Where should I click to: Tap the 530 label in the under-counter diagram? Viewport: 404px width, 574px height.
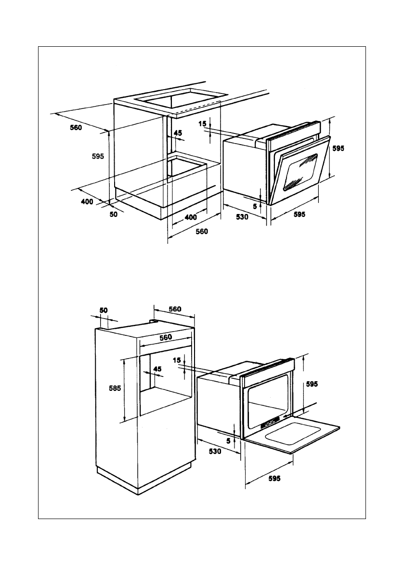pos(242,217)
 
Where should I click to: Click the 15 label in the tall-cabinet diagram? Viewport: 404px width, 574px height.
pos(177,360)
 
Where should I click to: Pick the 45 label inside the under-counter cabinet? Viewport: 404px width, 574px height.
pos(178,133)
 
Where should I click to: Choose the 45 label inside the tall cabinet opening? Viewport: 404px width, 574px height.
pos(156,369)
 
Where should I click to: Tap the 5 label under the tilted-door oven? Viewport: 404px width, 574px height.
pos(255,206)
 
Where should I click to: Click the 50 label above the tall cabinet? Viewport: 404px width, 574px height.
pos(104,310)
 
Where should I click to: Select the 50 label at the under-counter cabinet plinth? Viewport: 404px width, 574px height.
pos(114,214)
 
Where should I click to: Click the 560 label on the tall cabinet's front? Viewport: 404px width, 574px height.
pos(165,338)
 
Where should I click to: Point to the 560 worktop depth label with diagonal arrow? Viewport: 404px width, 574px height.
pos(76,128)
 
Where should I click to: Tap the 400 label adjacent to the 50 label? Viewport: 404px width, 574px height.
pos(87,202)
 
